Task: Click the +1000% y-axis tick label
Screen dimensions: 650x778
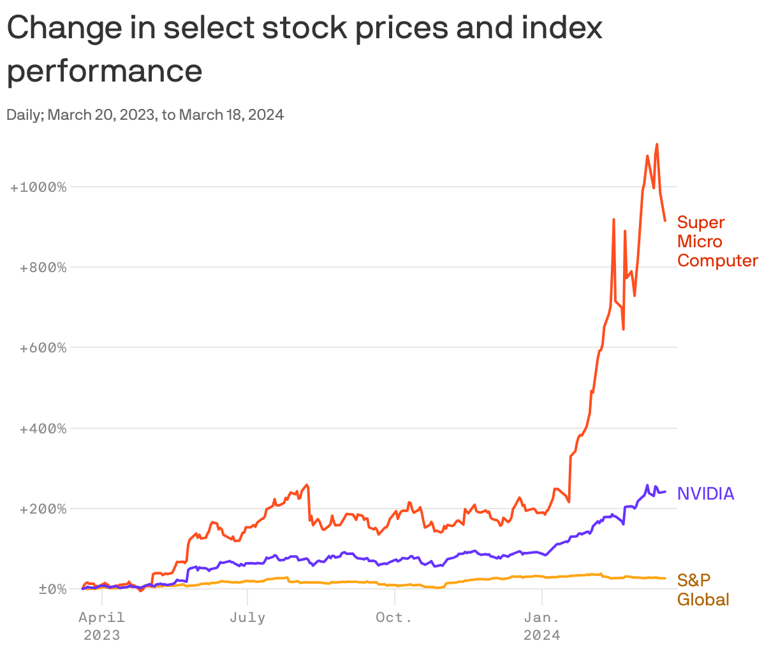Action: pos(38,187)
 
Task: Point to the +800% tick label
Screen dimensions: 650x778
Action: pos(43,268)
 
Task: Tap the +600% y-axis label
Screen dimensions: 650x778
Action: pos(43,348)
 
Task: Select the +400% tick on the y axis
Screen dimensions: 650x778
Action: pos(43,428)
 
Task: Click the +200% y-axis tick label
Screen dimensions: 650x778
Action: pos(43,509)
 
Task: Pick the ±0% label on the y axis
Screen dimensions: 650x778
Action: pos(52,589)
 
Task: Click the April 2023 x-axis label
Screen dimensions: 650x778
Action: pos(101,626)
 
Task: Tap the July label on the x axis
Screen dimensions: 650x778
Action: pos(247,617)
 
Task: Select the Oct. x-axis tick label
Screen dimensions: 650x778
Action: pos(394,617)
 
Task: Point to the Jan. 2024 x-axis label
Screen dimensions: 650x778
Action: pos(541,626)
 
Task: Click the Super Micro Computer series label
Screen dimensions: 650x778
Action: pos(717,242)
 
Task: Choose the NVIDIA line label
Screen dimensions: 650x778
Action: pos(705,493)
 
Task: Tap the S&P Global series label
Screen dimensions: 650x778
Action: pos(702,589)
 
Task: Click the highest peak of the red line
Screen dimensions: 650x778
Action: pos(657,145)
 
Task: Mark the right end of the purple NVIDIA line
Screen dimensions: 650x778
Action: pos(665,491)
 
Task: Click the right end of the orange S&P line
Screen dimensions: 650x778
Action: pos(665,578)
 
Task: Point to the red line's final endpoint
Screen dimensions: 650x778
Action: pos(665,220)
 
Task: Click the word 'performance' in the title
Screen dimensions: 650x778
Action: pos(105,70)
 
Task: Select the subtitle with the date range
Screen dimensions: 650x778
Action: pos(145,115)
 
